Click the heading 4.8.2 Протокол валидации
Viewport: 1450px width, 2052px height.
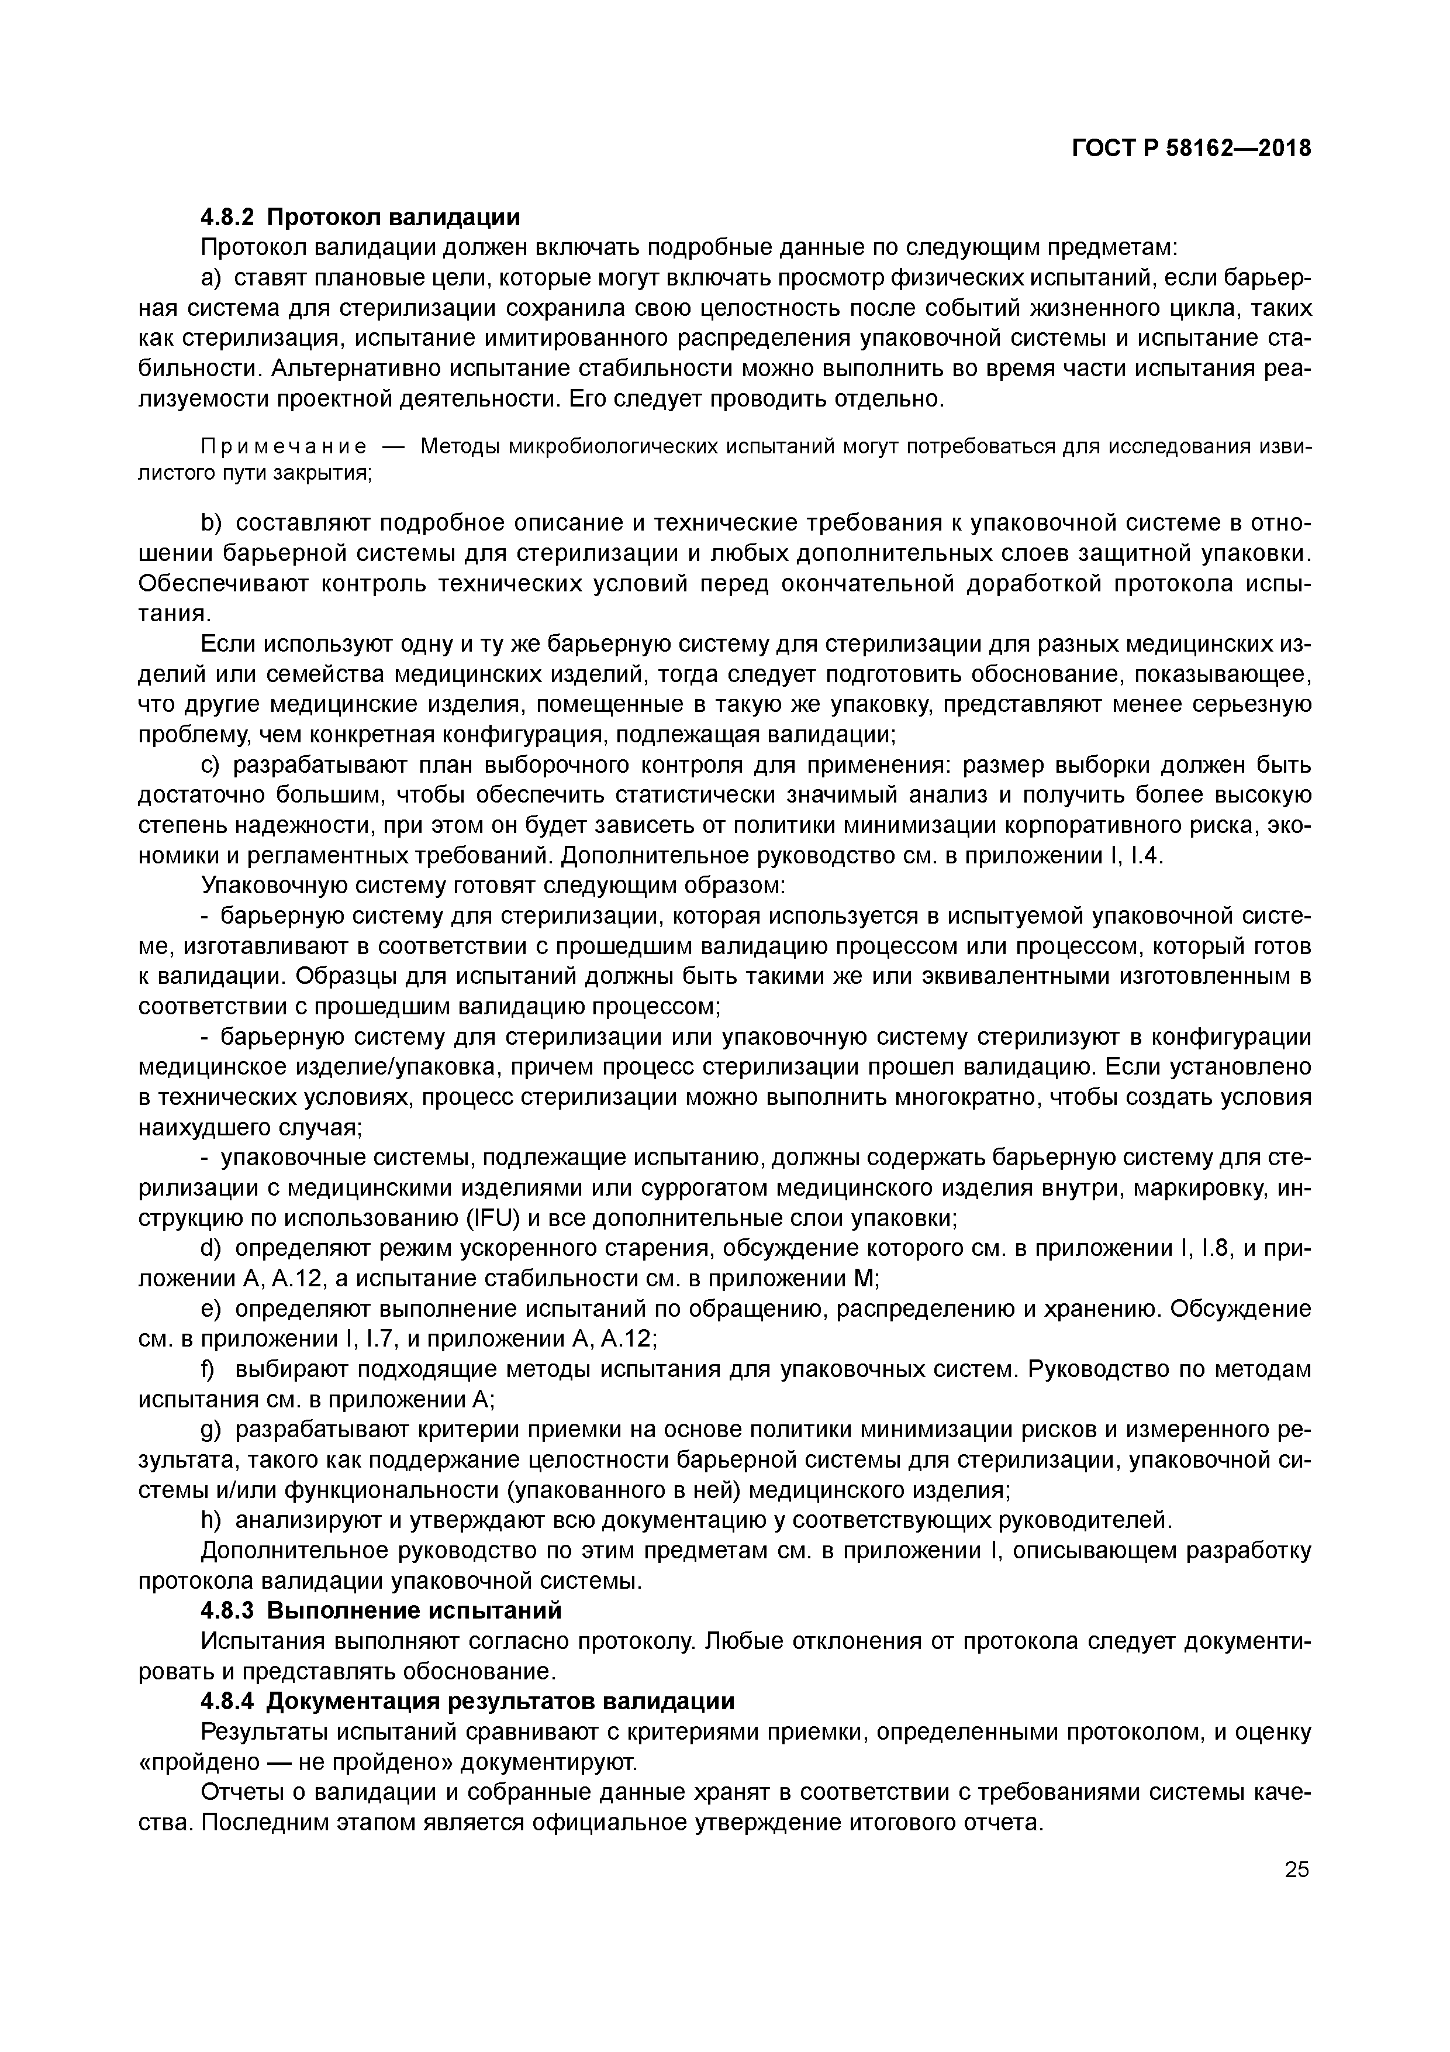click(x=360, y=217)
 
